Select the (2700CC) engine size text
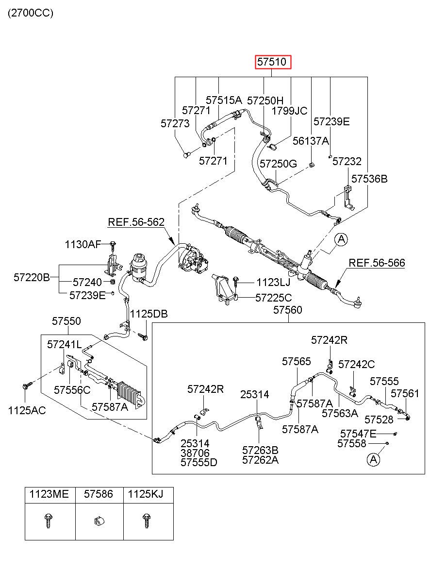click(x=31, y=13)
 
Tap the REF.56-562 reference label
click(x=136, y=222)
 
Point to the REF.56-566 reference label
click(x=377, y=263)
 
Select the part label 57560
click(x=287, y=310)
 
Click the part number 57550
click(x=66, y=321)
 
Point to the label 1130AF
click(x=83, y=244)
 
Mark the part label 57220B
click(x=32, y=277)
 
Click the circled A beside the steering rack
click(x=341, y=239)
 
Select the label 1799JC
click(x=289, y=111)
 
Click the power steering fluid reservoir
click(x=138, y=267)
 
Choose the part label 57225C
click(x=273, y=298)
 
